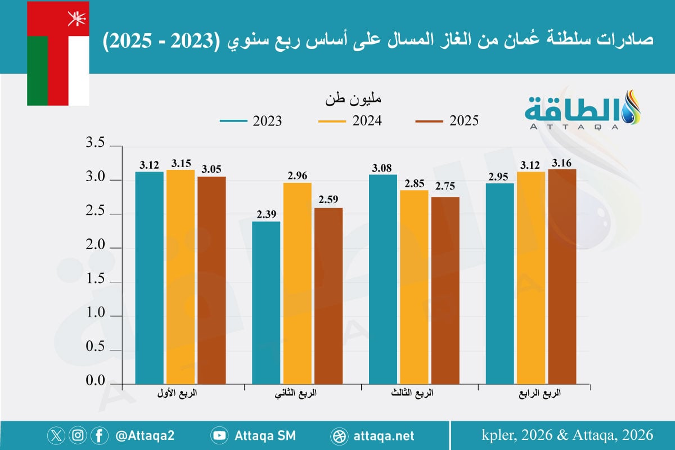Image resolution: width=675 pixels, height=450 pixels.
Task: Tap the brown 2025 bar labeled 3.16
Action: point(562,276)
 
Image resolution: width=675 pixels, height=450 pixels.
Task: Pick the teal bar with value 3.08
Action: point(383,279)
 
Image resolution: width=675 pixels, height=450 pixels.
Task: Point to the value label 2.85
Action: point(414,183)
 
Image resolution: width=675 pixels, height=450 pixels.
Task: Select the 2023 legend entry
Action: point(251,121)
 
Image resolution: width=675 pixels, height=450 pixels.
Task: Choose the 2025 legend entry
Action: point(447,121)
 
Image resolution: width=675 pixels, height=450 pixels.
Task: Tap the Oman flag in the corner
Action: point(58,53)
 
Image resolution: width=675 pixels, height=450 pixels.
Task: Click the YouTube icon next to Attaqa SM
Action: point(219,435)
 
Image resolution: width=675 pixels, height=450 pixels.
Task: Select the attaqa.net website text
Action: point(385,435)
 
